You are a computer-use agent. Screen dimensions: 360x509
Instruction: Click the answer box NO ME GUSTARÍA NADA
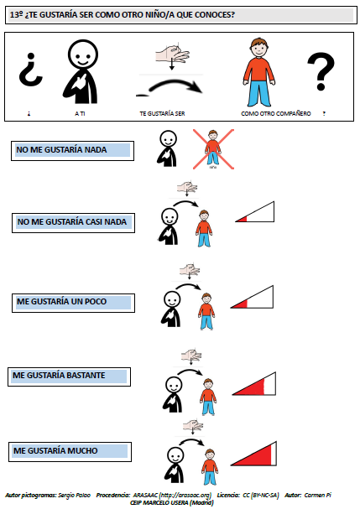72,151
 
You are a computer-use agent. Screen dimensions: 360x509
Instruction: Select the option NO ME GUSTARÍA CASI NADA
74,223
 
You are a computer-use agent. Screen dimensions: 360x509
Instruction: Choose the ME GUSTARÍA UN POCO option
74,303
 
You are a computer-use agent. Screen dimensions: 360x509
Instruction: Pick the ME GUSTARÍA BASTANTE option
69,377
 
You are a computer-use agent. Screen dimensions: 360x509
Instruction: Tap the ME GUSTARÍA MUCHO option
70,451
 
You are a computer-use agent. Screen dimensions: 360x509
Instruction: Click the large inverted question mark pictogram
30,70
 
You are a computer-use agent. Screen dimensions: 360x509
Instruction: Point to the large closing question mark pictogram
321,71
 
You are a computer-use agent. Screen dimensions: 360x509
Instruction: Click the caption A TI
80,113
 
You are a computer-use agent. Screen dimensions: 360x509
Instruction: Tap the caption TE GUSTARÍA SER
162,113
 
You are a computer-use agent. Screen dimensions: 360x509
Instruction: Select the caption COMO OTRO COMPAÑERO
276,113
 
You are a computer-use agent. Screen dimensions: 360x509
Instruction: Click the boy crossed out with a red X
213,148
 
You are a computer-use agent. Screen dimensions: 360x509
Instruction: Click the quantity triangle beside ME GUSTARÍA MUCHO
253,454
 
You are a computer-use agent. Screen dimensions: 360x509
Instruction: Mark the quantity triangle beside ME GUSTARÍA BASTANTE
254,384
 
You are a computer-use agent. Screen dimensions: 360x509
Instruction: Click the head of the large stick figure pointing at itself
83,55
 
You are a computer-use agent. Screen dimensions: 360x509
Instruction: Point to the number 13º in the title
16,15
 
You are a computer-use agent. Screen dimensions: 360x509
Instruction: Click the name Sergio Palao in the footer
70,496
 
